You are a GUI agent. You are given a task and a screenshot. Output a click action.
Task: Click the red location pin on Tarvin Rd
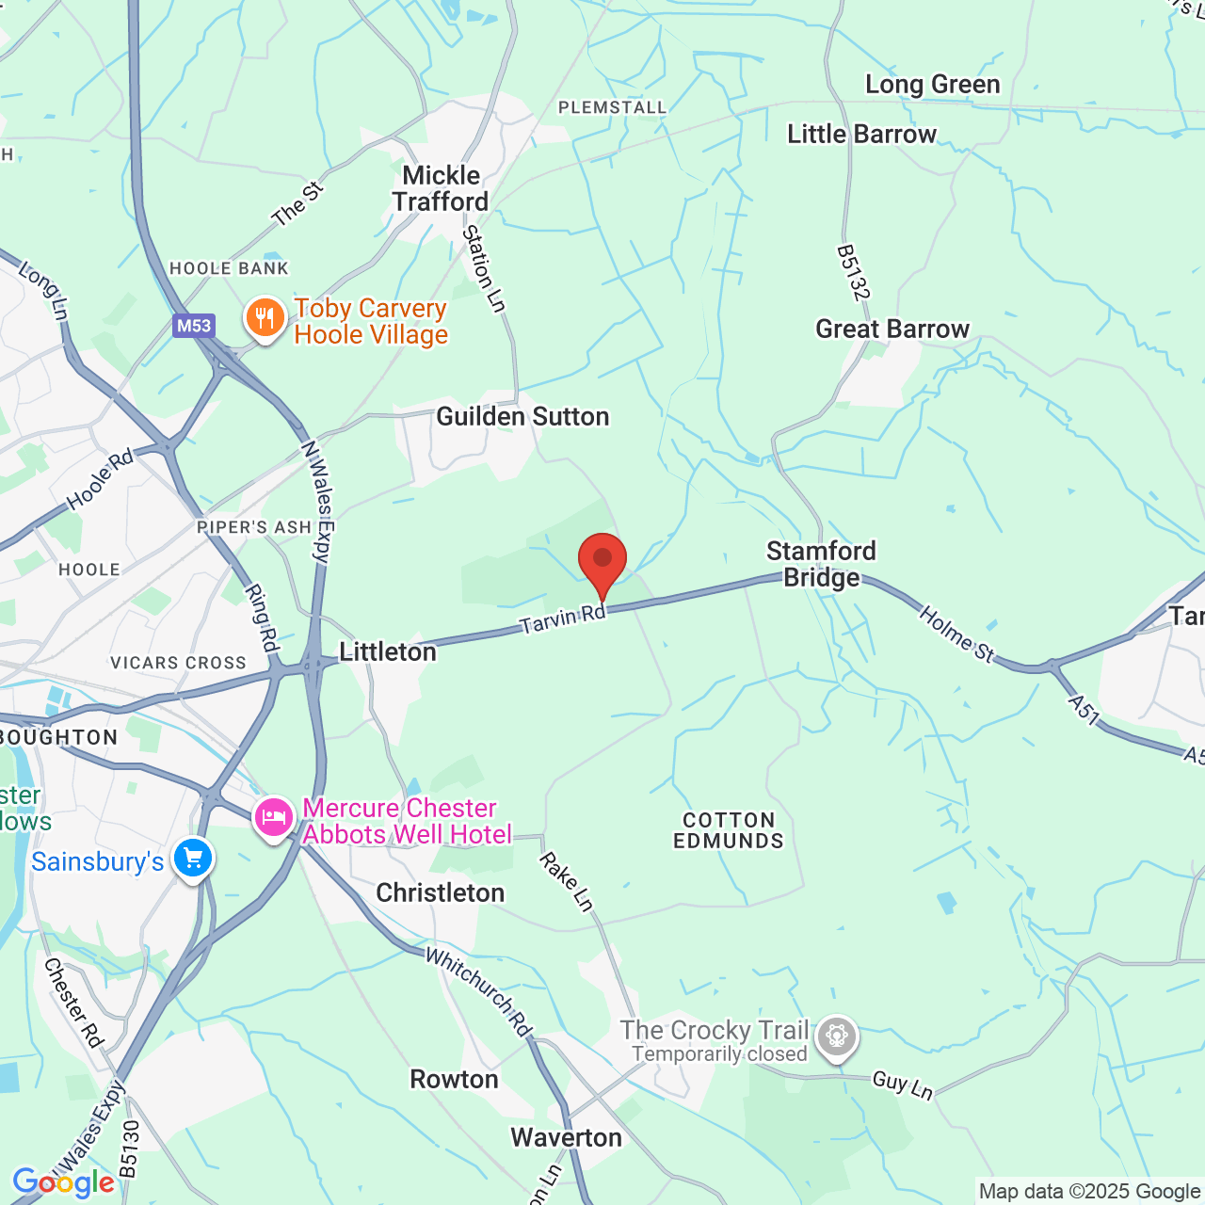coord(602,561)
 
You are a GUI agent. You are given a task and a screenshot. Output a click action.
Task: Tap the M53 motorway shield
coord(194,326)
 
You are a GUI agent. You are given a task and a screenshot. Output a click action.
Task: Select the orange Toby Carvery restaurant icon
coord(265,318)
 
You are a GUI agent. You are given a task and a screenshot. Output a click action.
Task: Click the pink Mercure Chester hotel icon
coord(273,817)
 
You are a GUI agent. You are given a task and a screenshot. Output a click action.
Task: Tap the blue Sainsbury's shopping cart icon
coord(193,859)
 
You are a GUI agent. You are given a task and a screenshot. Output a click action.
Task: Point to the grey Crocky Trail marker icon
coord(836,1037)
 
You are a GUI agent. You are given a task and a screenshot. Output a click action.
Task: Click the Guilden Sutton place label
coord(522,416)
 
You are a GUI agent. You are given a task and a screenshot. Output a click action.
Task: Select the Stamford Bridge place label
coord(821,564)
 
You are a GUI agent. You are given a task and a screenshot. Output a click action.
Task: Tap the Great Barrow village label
coord(892,329)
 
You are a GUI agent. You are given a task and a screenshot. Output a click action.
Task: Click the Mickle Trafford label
coord(441,188)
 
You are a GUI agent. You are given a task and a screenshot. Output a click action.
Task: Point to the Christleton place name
coord(440,892)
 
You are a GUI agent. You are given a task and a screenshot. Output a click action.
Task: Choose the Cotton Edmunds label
coord(729,830)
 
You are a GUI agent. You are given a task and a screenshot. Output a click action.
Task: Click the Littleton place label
coord(388,651)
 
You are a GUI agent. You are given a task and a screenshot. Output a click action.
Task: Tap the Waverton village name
coord(566,1137)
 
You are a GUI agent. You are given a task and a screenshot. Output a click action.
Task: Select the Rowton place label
coord(454,1079)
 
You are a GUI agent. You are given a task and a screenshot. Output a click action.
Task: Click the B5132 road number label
coord(851,273)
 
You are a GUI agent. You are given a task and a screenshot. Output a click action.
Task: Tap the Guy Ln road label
coord(902,1084)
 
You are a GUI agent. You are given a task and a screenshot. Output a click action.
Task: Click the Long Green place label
coord(932,85)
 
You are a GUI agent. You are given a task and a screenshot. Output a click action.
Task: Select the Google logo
coord(63,1182)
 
